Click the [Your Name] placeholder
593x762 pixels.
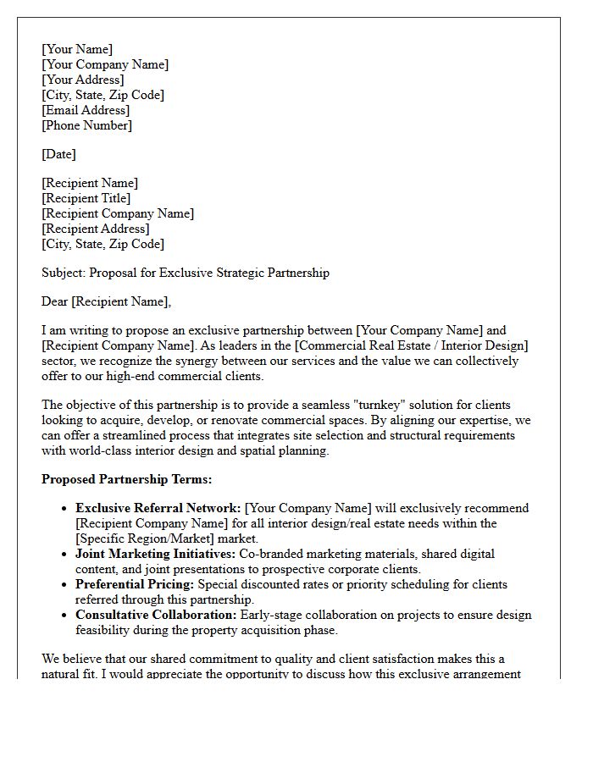77,49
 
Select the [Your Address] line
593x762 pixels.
82,80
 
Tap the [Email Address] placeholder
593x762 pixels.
86,110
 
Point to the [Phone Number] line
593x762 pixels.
86,125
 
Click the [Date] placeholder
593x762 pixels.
58,154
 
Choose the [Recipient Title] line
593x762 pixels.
86,198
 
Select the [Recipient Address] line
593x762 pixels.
95,229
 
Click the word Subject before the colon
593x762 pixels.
62,273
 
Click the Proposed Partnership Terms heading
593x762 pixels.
126,479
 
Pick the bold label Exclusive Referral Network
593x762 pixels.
158,508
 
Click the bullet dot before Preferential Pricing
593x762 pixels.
64,584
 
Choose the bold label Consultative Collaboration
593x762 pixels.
157,615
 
